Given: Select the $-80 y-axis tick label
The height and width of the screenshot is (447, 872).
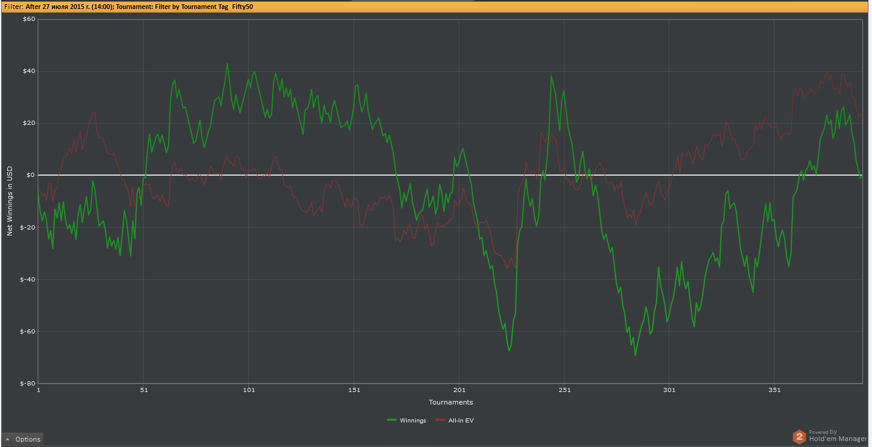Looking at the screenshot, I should pyautogui.click(x=28, y=383).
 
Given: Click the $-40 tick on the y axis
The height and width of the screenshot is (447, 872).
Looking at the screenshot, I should pyautogui.click(x=28, y=279).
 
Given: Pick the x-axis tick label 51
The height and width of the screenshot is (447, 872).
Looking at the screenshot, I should pyautogui.click(x=144, y=390).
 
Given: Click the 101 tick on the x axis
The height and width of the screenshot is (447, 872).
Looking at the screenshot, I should pyautogui.click(x=249, y=390).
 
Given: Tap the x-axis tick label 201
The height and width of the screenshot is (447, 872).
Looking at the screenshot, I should pyautogui.click(x=459, y=390).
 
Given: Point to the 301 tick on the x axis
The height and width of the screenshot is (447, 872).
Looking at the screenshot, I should pyautogui.click(x=669, y=390).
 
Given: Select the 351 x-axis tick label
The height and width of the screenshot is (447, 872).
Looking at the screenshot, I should pyautogui.click(x=775, y=390).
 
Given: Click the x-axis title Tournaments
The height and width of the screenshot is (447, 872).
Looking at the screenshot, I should pyautogui.click(x=450, y=402).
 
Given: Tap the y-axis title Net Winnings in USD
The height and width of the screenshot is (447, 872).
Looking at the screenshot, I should pyautogui.click(x=10, y=201).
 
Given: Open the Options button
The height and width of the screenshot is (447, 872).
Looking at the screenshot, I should pyautogui.click(x=23, y=439).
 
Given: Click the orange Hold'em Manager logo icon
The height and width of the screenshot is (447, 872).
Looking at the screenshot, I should pyautogui.click(x=799, y=437).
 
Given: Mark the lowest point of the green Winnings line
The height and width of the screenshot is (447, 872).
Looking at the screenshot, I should pyautogui.click(x=635, y=356).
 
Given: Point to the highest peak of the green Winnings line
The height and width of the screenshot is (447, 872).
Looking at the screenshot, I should pyautogui.click(x=227, y=63).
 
